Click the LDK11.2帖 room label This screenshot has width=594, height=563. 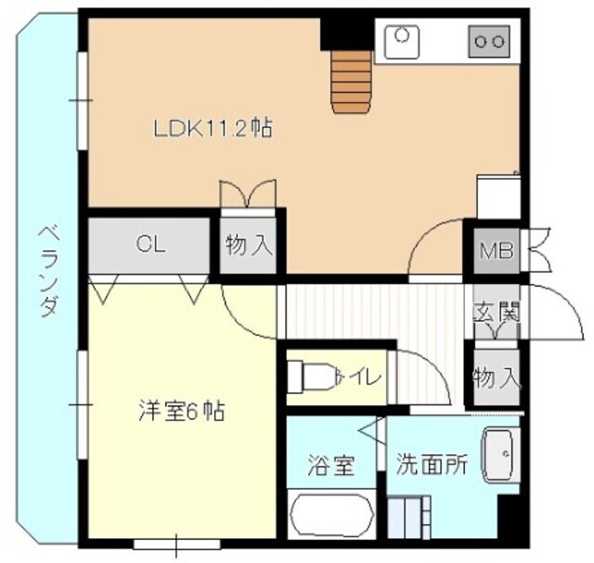213,127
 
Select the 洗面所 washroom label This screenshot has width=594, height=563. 430,465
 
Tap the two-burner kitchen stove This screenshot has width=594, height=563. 489,40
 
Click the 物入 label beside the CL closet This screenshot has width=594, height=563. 249,245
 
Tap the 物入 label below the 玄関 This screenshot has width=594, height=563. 495,377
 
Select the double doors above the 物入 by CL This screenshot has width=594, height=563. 248,194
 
